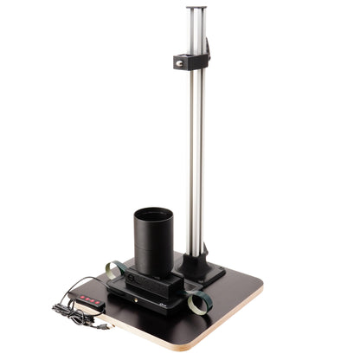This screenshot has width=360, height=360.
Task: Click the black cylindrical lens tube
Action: coord(153,242)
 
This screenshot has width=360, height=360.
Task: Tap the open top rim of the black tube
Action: coord(153,213)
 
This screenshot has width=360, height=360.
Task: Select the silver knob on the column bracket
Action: coord(183,62)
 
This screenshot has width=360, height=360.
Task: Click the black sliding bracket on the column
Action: coord(192,61)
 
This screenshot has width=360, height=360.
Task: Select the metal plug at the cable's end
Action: coord(102,328)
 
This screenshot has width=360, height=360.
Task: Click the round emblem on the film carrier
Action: coord(132,279)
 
